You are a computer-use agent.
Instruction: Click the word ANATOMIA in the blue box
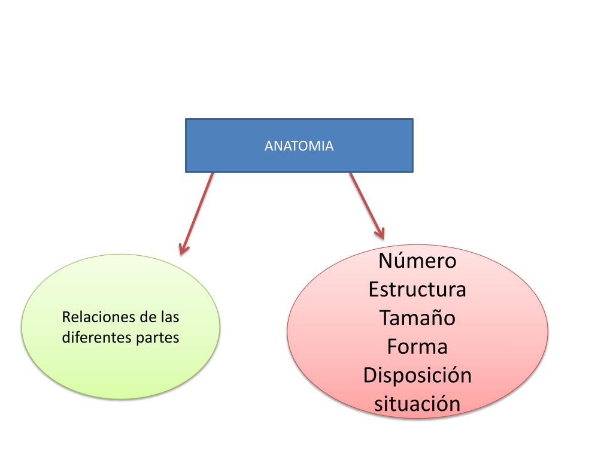[299, 146]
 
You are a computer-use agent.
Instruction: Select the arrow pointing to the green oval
[197, 213]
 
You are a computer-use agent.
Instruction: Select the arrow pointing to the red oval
[366, 205]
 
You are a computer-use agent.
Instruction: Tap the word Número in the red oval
[417, 261]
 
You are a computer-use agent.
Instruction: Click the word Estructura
[417, 289]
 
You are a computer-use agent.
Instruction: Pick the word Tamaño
[417, 318]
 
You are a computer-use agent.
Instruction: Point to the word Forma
[417, 347]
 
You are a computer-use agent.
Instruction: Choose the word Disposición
[417, 376]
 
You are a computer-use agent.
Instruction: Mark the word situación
[417, 403]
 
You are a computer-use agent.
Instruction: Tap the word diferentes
[96, 338]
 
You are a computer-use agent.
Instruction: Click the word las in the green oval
[169, 317]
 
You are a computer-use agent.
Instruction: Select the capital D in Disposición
[369, 376]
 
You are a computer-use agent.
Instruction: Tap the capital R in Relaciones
[66, 317]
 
